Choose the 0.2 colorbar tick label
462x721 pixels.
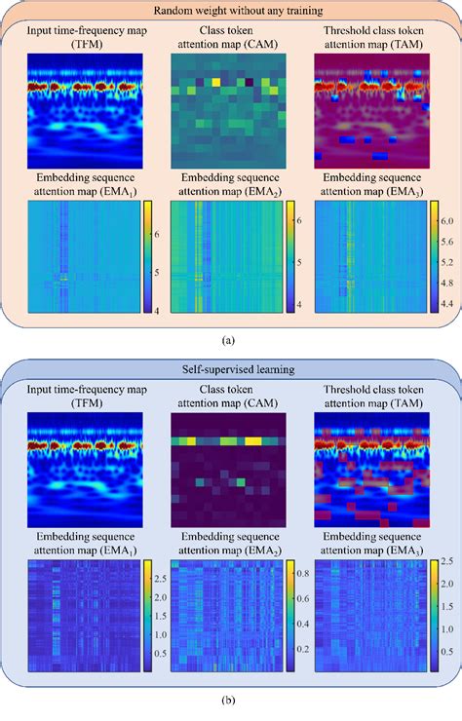[x=298, y=646]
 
